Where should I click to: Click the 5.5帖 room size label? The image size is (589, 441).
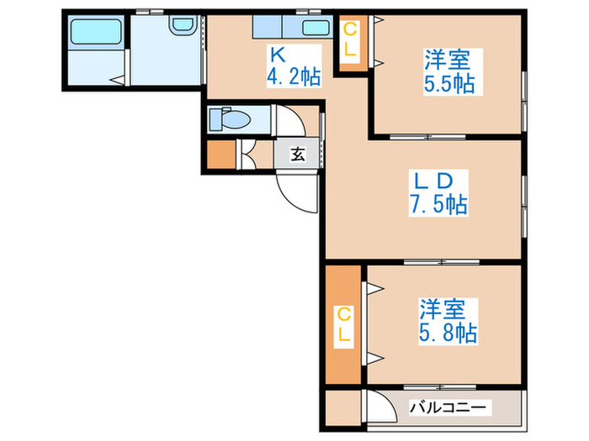(448, 83)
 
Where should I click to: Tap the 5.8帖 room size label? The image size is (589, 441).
(448, 333)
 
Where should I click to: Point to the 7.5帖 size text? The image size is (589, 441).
(438, 204)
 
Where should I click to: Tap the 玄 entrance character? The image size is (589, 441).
(298, 154)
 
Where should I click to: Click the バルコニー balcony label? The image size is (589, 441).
(448, 407)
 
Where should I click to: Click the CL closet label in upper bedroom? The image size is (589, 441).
(350, 40)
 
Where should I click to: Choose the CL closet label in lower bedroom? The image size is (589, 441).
(343, 323)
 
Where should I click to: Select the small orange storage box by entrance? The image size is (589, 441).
(222, 155)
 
